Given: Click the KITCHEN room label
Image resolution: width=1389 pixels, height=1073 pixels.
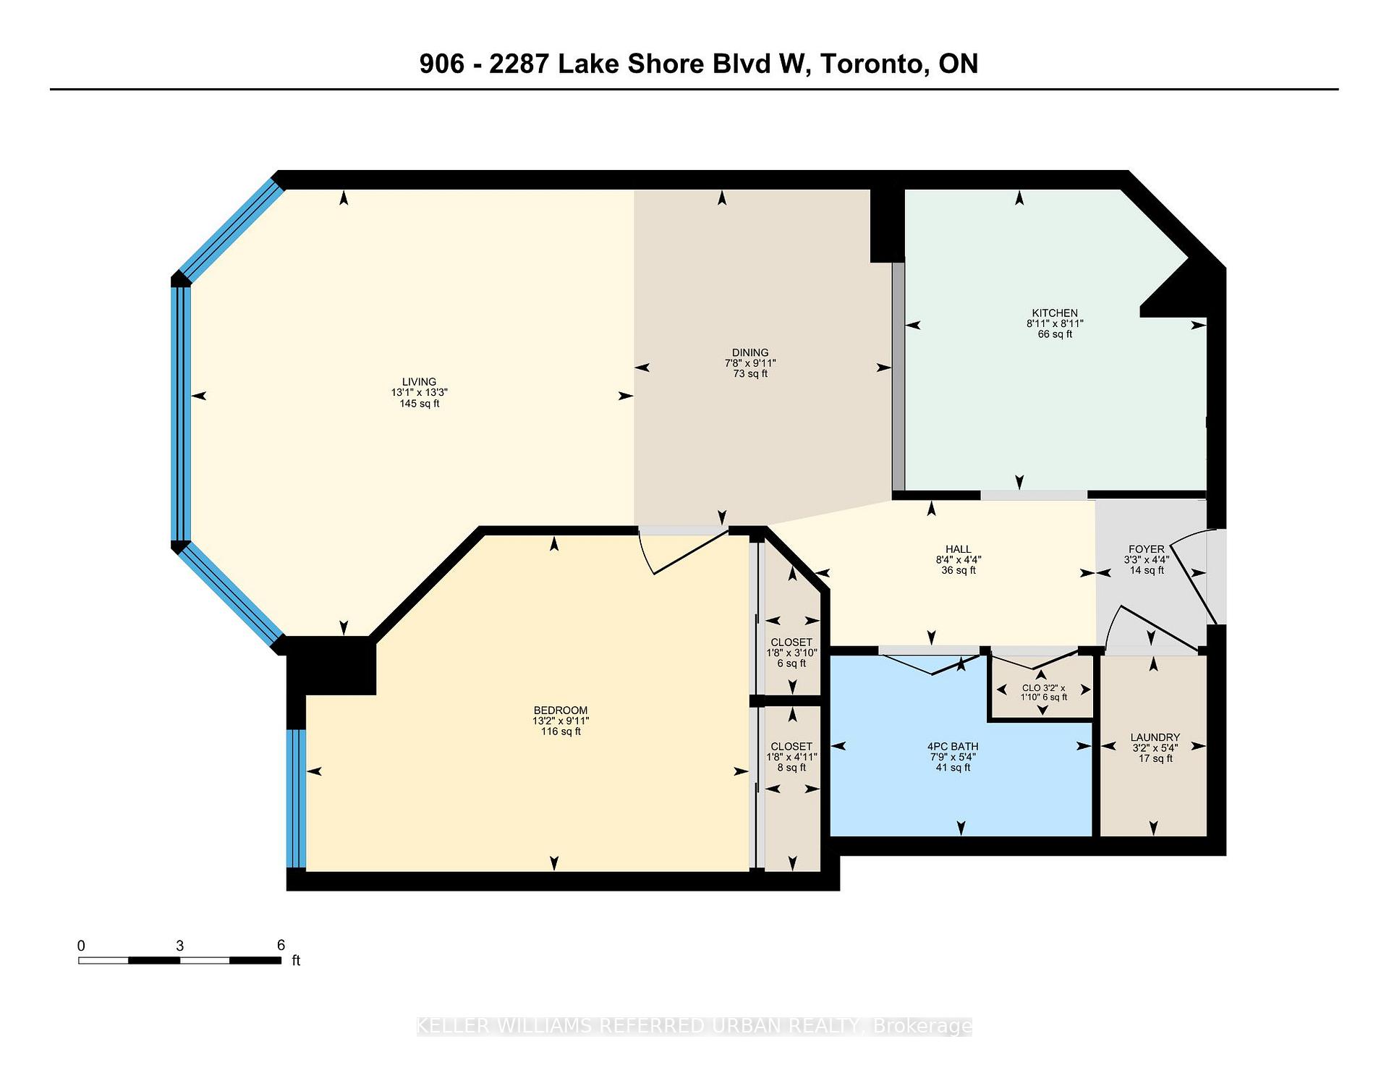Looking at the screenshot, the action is [1055, 313].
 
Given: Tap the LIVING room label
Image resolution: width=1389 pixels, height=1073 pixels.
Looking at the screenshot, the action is [420, 382].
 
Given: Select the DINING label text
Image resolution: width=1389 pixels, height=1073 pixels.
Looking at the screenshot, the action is [750, 353].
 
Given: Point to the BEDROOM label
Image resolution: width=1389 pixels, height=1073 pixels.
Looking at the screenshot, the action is [561, 711].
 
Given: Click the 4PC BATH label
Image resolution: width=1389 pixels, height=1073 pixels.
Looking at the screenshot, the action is [953, 747].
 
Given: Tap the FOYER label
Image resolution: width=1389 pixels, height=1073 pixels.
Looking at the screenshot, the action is [1147, 549].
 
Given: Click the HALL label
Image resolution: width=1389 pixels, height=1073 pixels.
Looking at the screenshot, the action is [959, 549].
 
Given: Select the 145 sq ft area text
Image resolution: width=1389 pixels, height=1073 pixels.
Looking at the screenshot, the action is [420, 404].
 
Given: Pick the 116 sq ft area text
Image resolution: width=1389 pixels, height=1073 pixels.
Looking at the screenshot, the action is [561, 731].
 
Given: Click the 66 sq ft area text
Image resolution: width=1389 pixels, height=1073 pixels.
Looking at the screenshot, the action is [1055, 334].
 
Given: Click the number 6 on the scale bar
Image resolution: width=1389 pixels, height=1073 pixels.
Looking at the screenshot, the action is [281, 945].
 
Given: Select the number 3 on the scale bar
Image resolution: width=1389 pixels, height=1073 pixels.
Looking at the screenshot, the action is [179, 946].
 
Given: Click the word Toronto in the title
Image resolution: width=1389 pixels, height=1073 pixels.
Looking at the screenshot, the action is [873, 64].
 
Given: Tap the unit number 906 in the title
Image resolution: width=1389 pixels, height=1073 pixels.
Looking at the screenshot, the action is [442, 64].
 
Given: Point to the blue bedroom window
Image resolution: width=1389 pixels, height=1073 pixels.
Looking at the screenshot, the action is [297, 799].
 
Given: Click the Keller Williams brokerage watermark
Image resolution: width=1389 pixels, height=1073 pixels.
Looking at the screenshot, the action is [694, 1026].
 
